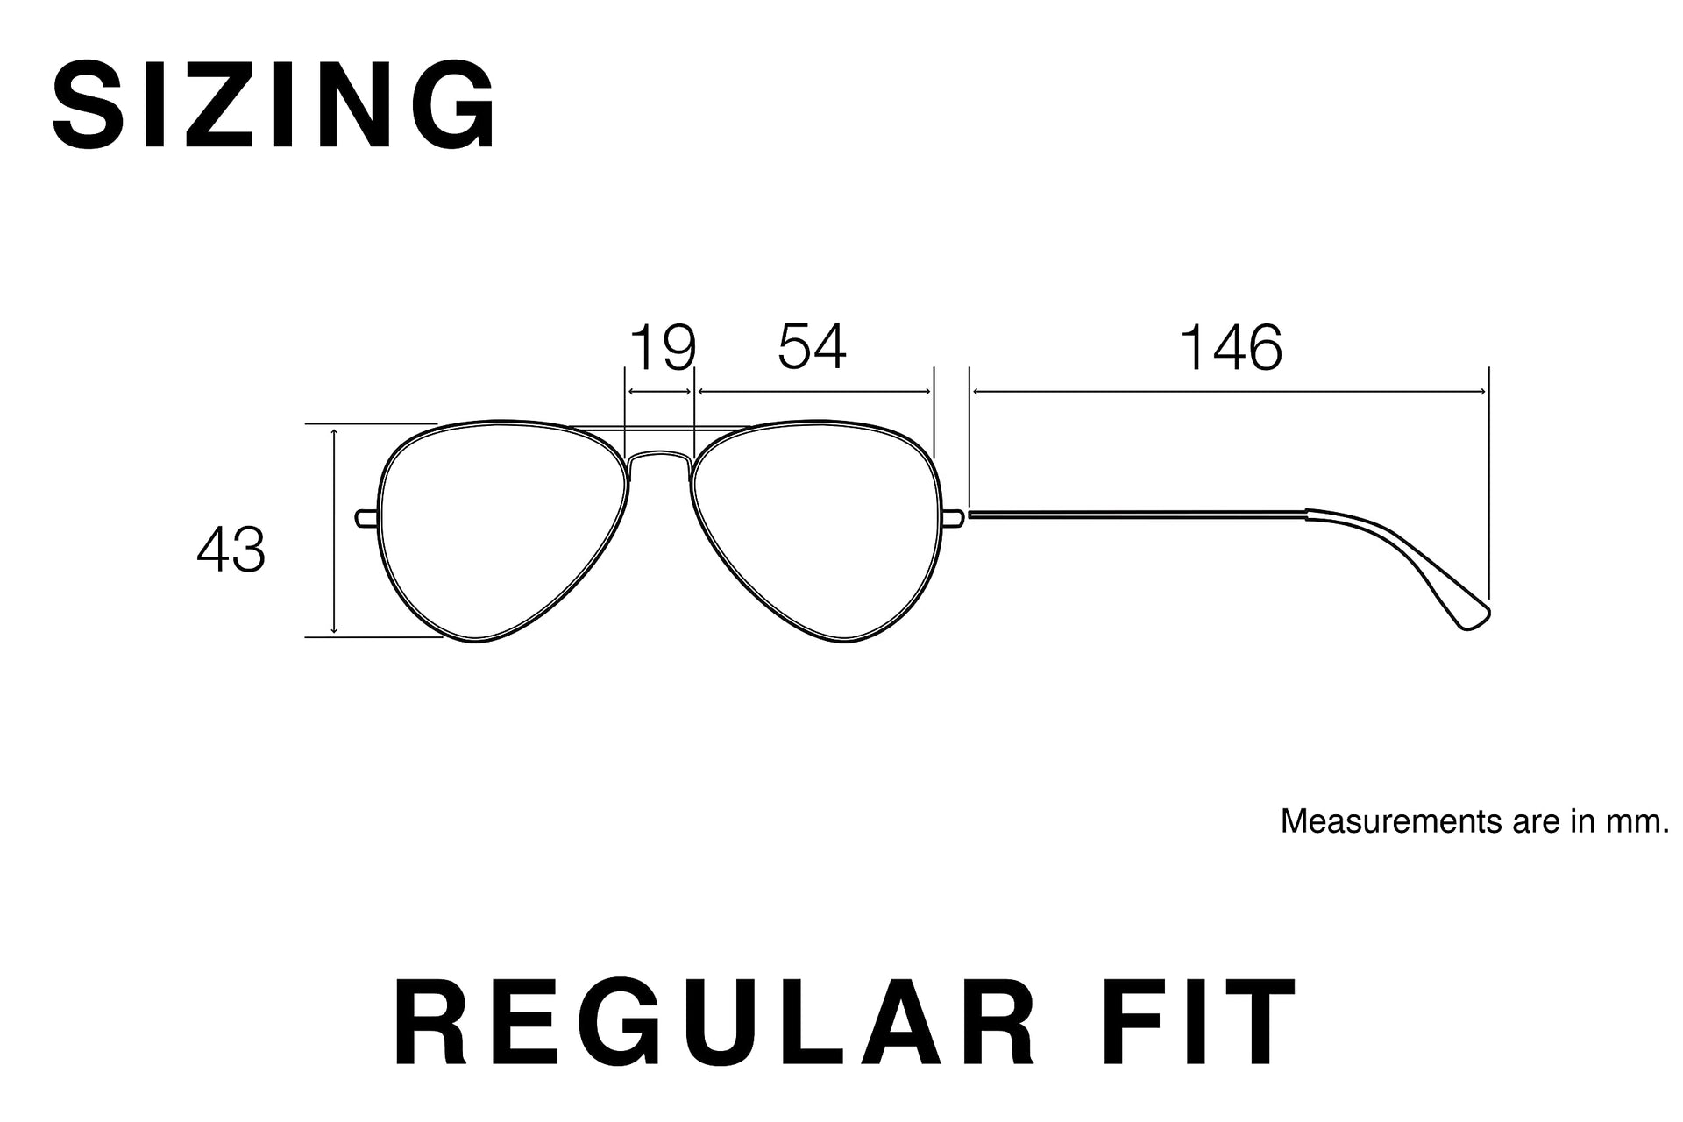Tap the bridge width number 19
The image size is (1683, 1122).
[664, 348]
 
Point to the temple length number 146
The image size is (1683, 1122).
[1232, 347]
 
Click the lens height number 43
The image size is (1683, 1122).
[231, 550]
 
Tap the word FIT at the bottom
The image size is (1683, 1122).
[1195, 1022]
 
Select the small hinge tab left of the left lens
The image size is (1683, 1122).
[367, 518]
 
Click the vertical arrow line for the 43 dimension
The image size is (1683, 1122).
[334, 530]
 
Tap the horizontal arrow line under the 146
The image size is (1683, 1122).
[1229, 392]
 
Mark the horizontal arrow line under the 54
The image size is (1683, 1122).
[813, 392]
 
